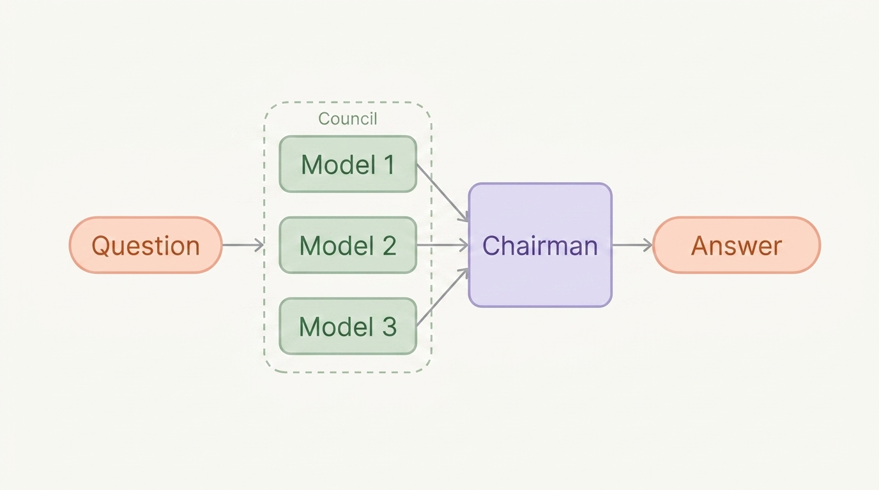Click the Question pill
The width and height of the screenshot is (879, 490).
tap(146, 245)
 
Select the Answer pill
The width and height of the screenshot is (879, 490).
tap(737, 245)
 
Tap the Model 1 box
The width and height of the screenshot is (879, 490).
tap(348, 164)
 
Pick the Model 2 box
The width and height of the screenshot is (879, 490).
tap(348, 245)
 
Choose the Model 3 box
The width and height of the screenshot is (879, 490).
tap(348, 326)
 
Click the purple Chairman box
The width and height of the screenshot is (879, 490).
tap(540, 245)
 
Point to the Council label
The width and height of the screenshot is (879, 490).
tap(348, 119)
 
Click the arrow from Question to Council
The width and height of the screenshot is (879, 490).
tap(243, 245)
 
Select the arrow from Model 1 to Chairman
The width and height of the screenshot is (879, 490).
tap(443, 193)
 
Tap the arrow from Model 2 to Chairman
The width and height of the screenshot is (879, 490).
tap(442, 245)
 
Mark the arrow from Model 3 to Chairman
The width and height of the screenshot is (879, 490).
tap(443, 297)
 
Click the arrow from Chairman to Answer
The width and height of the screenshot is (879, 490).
tap(632, 245)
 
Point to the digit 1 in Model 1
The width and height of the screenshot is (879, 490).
tap(388, 165)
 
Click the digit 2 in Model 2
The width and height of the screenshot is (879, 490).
tap(388, 246)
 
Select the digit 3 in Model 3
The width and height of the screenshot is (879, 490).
tap(389, 327)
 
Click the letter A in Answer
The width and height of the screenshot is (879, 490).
tap(700, 246)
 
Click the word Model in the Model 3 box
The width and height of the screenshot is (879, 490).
tap(336, 327)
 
